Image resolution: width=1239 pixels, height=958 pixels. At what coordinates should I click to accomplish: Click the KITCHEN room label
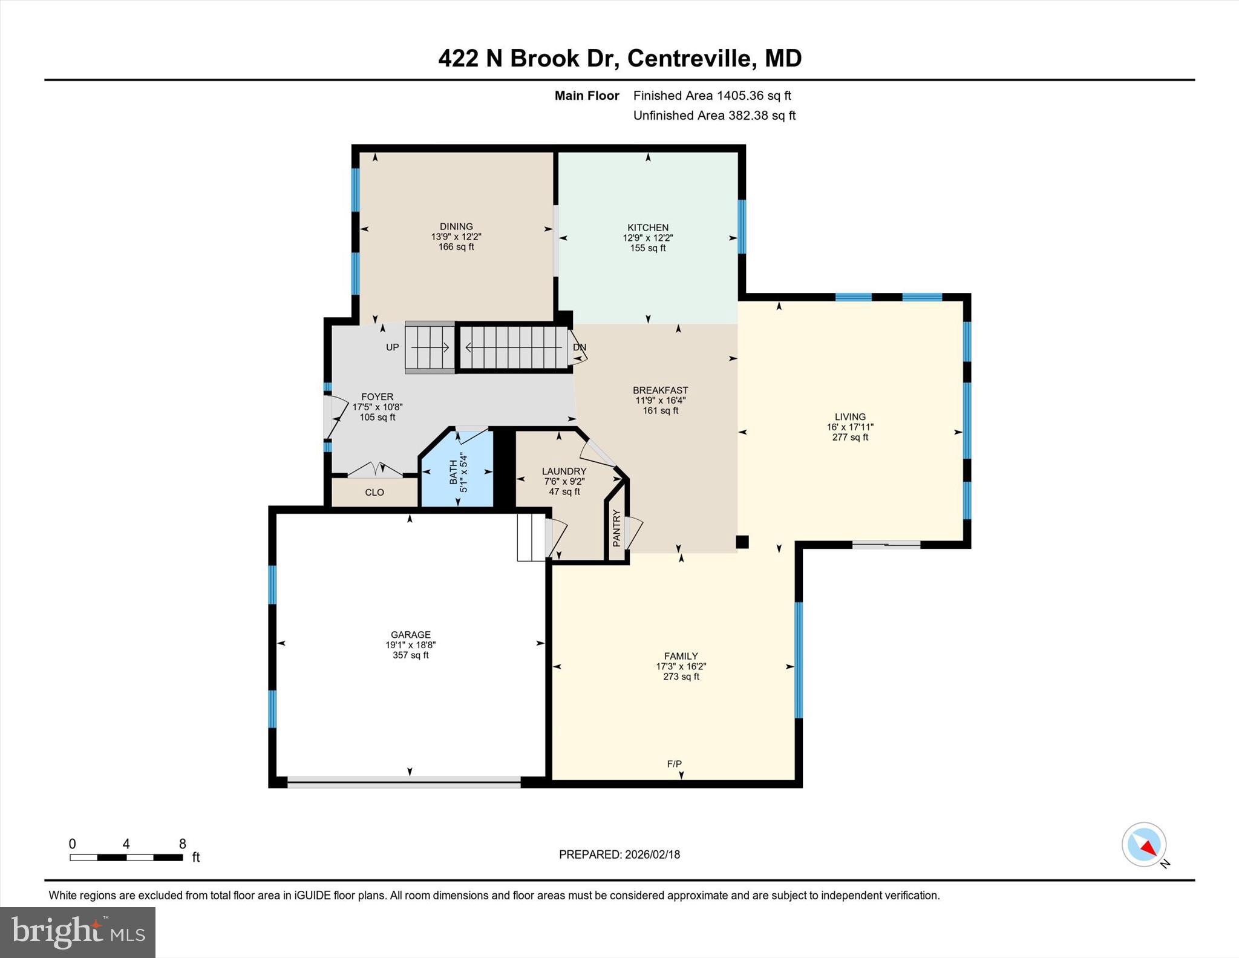[x=647, y=228]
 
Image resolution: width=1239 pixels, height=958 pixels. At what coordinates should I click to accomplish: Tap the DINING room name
[x=456, y=226]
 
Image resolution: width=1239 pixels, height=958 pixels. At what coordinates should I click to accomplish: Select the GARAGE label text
[x=410, y=635]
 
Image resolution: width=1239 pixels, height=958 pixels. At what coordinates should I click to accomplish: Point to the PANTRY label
[x=616, y=528]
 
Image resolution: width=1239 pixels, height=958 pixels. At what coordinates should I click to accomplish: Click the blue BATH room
[x=458, y=472]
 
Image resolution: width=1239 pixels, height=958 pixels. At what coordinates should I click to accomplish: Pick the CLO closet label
[x=374, y=493]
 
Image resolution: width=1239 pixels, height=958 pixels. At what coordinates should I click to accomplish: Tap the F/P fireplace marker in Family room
[x=674, y=764]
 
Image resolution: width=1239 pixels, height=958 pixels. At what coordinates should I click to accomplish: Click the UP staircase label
[x=393, y=347]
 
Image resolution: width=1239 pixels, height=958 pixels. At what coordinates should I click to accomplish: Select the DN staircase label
[x=579, y=347]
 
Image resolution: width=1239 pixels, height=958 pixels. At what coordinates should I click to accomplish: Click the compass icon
[x=1144, y=844]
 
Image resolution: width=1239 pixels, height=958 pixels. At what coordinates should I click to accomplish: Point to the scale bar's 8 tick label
[x=182, y=844]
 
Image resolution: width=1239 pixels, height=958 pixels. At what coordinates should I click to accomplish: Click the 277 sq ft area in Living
[x=850, y=438]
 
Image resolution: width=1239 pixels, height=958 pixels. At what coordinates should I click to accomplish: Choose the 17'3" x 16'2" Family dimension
[x=681, y=666]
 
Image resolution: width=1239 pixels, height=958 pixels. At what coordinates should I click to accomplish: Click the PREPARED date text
[x=619, y=855]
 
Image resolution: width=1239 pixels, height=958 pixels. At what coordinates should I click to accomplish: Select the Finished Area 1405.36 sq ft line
[x=712, y=96]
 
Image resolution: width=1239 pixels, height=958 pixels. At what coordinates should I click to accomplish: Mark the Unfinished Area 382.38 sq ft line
[x=714, y=116]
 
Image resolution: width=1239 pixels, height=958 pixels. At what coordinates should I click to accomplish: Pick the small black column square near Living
[x=742, y=542]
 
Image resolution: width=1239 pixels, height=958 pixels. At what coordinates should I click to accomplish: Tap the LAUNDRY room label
[x=564, y=471]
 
